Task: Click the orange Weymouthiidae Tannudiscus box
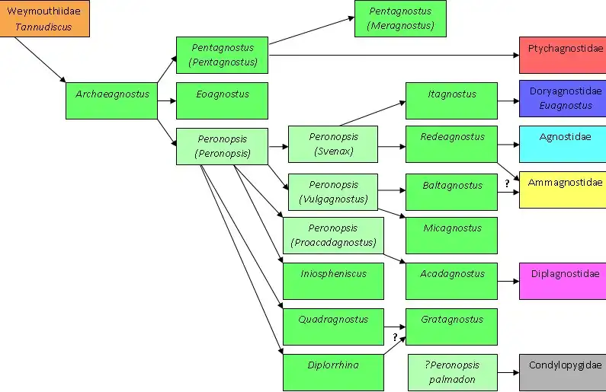pos(44,18)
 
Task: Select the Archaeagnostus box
pos(112,100)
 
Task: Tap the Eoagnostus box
pos(223,100)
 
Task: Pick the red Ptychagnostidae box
pos(563,55)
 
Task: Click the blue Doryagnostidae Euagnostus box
pos(563,98)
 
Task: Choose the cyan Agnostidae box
pos(563,144)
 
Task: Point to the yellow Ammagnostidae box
pos(563,190)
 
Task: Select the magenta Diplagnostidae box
pos(563,282)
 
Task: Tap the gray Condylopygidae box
pos(563,373)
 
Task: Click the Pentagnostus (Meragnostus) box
pos(400,18)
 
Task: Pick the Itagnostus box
pos(451,100)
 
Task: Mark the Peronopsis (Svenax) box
pos(333,144)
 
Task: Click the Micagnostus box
pos(451,235)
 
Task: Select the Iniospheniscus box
pos(334,282)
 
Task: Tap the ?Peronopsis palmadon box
pos(453,373)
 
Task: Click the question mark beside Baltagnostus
pos(507,183)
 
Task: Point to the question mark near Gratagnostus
pos(395,337)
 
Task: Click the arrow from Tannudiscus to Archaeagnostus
pos(40,60)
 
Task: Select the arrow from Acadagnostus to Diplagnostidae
pos(508,282)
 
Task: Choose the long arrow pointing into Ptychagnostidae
pos(394,55)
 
